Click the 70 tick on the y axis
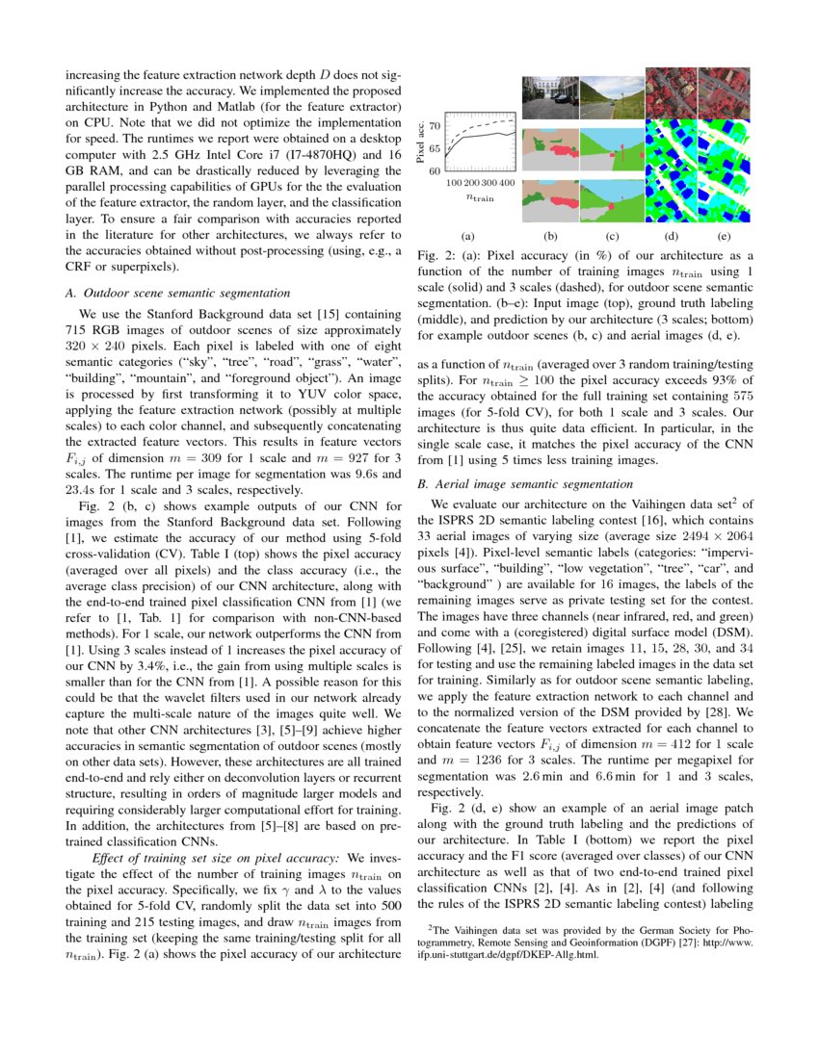point(435,125)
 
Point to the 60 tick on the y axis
point(435,171)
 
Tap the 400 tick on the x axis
point(507,182)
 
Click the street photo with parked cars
point(550,96)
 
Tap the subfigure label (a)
point(468,234)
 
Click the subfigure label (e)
point(724,234)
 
